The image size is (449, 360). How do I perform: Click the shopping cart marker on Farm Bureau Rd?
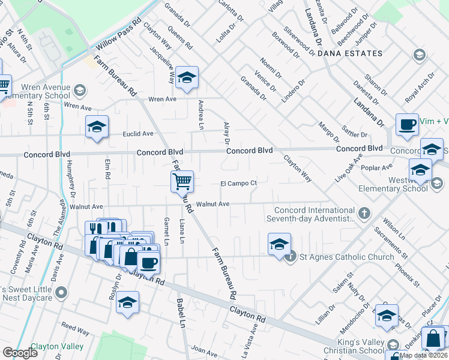tap(182, 181)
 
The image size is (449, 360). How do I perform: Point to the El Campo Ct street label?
tap(238, 183)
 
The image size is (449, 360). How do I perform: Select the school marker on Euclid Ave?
tap(97, 127)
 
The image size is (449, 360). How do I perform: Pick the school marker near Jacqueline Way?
tap(187, 77)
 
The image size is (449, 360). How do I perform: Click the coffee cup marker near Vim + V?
tap(407, 125)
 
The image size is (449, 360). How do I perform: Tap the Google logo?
tap(20, 352)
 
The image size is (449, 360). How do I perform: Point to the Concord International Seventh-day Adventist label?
tap(314, 214)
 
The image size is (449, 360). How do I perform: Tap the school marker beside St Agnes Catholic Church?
tap(279, 244)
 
